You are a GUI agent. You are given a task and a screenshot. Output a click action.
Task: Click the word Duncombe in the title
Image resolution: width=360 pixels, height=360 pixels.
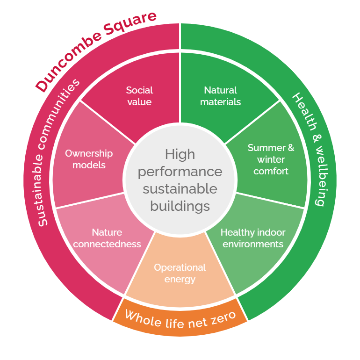point(68,62)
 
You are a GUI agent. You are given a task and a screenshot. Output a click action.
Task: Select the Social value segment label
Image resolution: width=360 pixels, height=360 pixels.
point(139,96)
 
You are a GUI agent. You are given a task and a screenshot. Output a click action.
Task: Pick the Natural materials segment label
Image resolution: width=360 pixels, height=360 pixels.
point(220,96)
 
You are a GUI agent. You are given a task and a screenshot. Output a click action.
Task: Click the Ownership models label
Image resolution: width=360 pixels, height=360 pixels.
point(89,159)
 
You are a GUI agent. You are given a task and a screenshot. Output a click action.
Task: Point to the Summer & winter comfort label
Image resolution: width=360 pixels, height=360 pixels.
point(271,159)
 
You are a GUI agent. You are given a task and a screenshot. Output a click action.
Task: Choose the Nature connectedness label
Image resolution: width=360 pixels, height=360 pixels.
point(107,238)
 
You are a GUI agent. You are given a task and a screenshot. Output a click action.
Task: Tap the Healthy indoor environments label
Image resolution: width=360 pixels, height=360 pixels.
point(253,238)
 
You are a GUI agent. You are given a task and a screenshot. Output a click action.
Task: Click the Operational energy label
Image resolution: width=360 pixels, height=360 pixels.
point(180,274)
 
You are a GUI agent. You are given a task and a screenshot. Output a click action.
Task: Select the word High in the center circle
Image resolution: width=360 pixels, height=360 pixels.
point(180,154)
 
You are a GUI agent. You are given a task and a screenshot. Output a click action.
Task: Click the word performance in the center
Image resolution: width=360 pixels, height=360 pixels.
point(180,172)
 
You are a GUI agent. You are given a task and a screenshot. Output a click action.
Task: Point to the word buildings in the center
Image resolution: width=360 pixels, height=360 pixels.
point(180,206)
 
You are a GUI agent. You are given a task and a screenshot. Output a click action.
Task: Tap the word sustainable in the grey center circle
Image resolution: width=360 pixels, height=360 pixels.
point(180,189)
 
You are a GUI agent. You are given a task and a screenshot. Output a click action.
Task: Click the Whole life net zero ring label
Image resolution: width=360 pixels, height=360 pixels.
point(180,319)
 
